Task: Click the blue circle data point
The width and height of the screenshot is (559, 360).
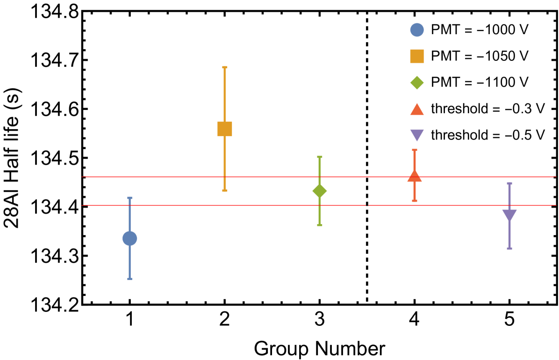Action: (x=130, y=238)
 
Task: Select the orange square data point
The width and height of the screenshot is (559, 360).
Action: (x=225, y=129)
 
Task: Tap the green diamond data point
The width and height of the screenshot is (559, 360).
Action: (x=320, y=191)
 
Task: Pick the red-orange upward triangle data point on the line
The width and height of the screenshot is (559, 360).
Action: (x=415, y=176)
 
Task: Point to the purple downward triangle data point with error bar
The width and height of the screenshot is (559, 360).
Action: (x=509, y=215)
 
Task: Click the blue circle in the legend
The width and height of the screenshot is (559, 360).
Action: (x=417, y=30)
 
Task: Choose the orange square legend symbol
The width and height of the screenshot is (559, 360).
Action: (x=417, y=56)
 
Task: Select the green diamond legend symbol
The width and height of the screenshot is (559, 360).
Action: (x=417, y=83)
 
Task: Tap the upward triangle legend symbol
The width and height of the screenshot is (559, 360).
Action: (x=417, y=110)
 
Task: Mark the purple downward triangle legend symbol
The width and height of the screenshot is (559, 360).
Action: (x=417, y=135)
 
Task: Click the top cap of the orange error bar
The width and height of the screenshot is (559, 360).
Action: (x=225, y=67)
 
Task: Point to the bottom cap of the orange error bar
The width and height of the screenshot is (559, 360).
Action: (x=225, y=191)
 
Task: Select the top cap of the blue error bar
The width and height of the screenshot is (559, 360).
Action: (x=130, y=198)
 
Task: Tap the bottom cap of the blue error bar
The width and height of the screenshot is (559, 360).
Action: (x=130, y=279)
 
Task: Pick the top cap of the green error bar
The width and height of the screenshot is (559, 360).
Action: (x=320, y=157)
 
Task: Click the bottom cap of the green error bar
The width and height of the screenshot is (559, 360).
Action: (x=320, y=225)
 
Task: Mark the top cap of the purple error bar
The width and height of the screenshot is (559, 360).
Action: (x=509, y=183)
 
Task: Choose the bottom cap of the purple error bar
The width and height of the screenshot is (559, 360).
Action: (x=509, y=248)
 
